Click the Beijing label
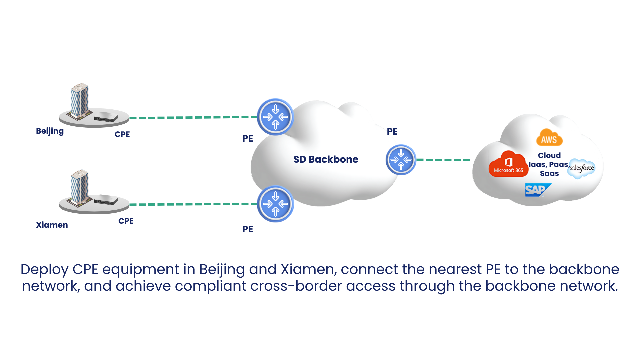[50, 131]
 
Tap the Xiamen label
[52, 225]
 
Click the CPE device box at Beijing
[106, 117]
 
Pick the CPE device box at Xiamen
[106, 199]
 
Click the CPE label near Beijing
[122, 134]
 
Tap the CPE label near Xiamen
[126, 221]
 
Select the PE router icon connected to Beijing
[275, 117]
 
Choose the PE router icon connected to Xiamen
[275, 204]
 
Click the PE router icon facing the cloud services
[401, 160]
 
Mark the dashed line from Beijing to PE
[193, 117]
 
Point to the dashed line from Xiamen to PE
[193, 204]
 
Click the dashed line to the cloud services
[443, 160]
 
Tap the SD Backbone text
[326, 159]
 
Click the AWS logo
[549, 138]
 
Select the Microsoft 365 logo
[508, 164]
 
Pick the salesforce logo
[582, 168]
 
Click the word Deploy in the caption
[45, 270]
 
